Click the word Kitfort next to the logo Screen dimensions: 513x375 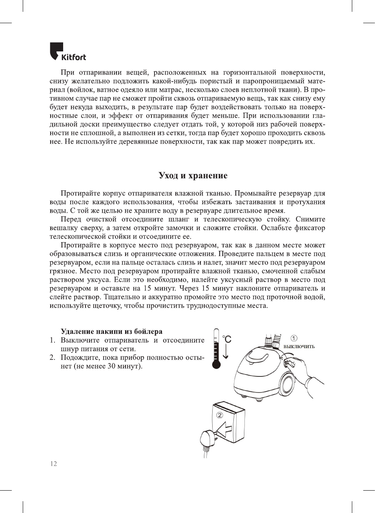pyautogui.click(x=74, y=57)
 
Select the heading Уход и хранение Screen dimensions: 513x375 pyautogui.click(x=193, y=175)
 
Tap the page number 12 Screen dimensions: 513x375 pyautogui.click(x=53, y=464)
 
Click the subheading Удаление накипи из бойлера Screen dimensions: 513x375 pyautogui.click(x=111, y=332)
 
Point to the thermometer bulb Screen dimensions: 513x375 pyautogui.click(x=216, y=364)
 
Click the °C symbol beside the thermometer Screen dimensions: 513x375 pyautogui.click(x=227, y=339)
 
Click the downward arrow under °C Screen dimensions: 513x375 pyautogui.click(x=226, y=352)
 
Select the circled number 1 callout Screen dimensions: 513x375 pyautogui.click(x=293, y=338)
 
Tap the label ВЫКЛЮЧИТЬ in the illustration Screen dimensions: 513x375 pyautogui.click(x=299, y=347)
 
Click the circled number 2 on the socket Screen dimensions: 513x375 pyautogui.click(x=220, y=415)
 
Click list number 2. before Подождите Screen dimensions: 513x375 pyautogui.click(x=53, y=358)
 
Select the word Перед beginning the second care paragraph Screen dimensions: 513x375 pyautogui.click(x=71, y=219)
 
